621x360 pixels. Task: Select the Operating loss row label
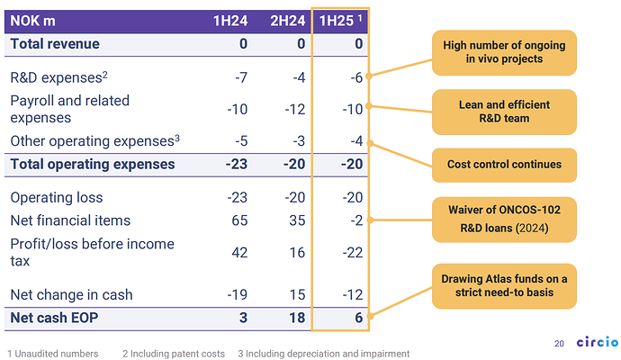coord(56,197)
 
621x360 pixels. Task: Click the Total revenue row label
coord(55,43)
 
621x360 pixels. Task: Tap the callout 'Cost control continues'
coord(504,165)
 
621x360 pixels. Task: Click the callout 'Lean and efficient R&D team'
coord(504,111)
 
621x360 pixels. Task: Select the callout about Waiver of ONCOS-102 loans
coord(504,219)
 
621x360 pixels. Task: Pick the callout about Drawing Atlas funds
coord(504,283)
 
